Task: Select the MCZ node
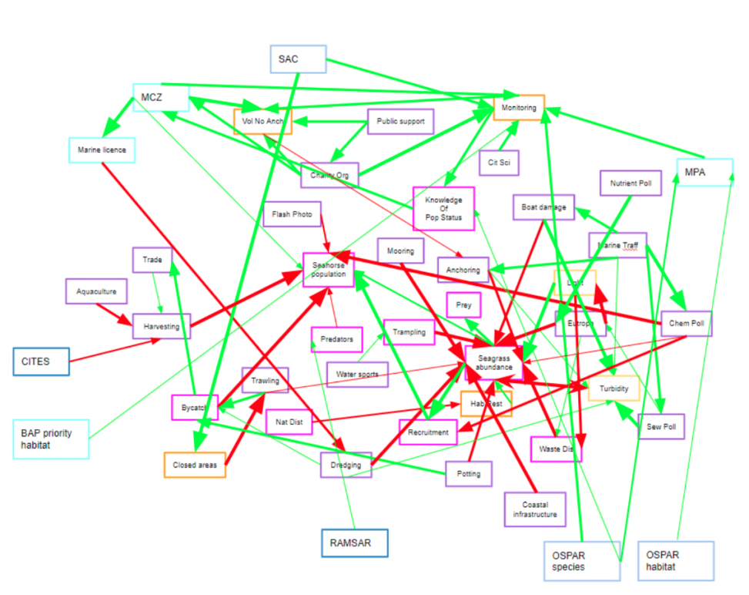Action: click(x=160, y=97)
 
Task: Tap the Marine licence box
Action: click(x=102, y=150)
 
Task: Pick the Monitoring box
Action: click(x=519, y=108)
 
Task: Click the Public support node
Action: click(x=400, y=122)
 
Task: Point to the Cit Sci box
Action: click(x=499, y=163)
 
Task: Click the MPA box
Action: click(x=704, y=172)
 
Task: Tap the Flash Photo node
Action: click(x=292, y=214)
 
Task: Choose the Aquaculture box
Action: click(x=96, y=291)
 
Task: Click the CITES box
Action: click(x=41, y=361)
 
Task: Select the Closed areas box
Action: click(x=195, y=465)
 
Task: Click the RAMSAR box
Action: click(x=354, y=543)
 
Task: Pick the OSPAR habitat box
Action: click(x=675, y=560)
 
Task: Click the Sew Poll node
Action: click(x=661, y=426)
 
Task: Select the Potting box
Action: click(x=469, y=473)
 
